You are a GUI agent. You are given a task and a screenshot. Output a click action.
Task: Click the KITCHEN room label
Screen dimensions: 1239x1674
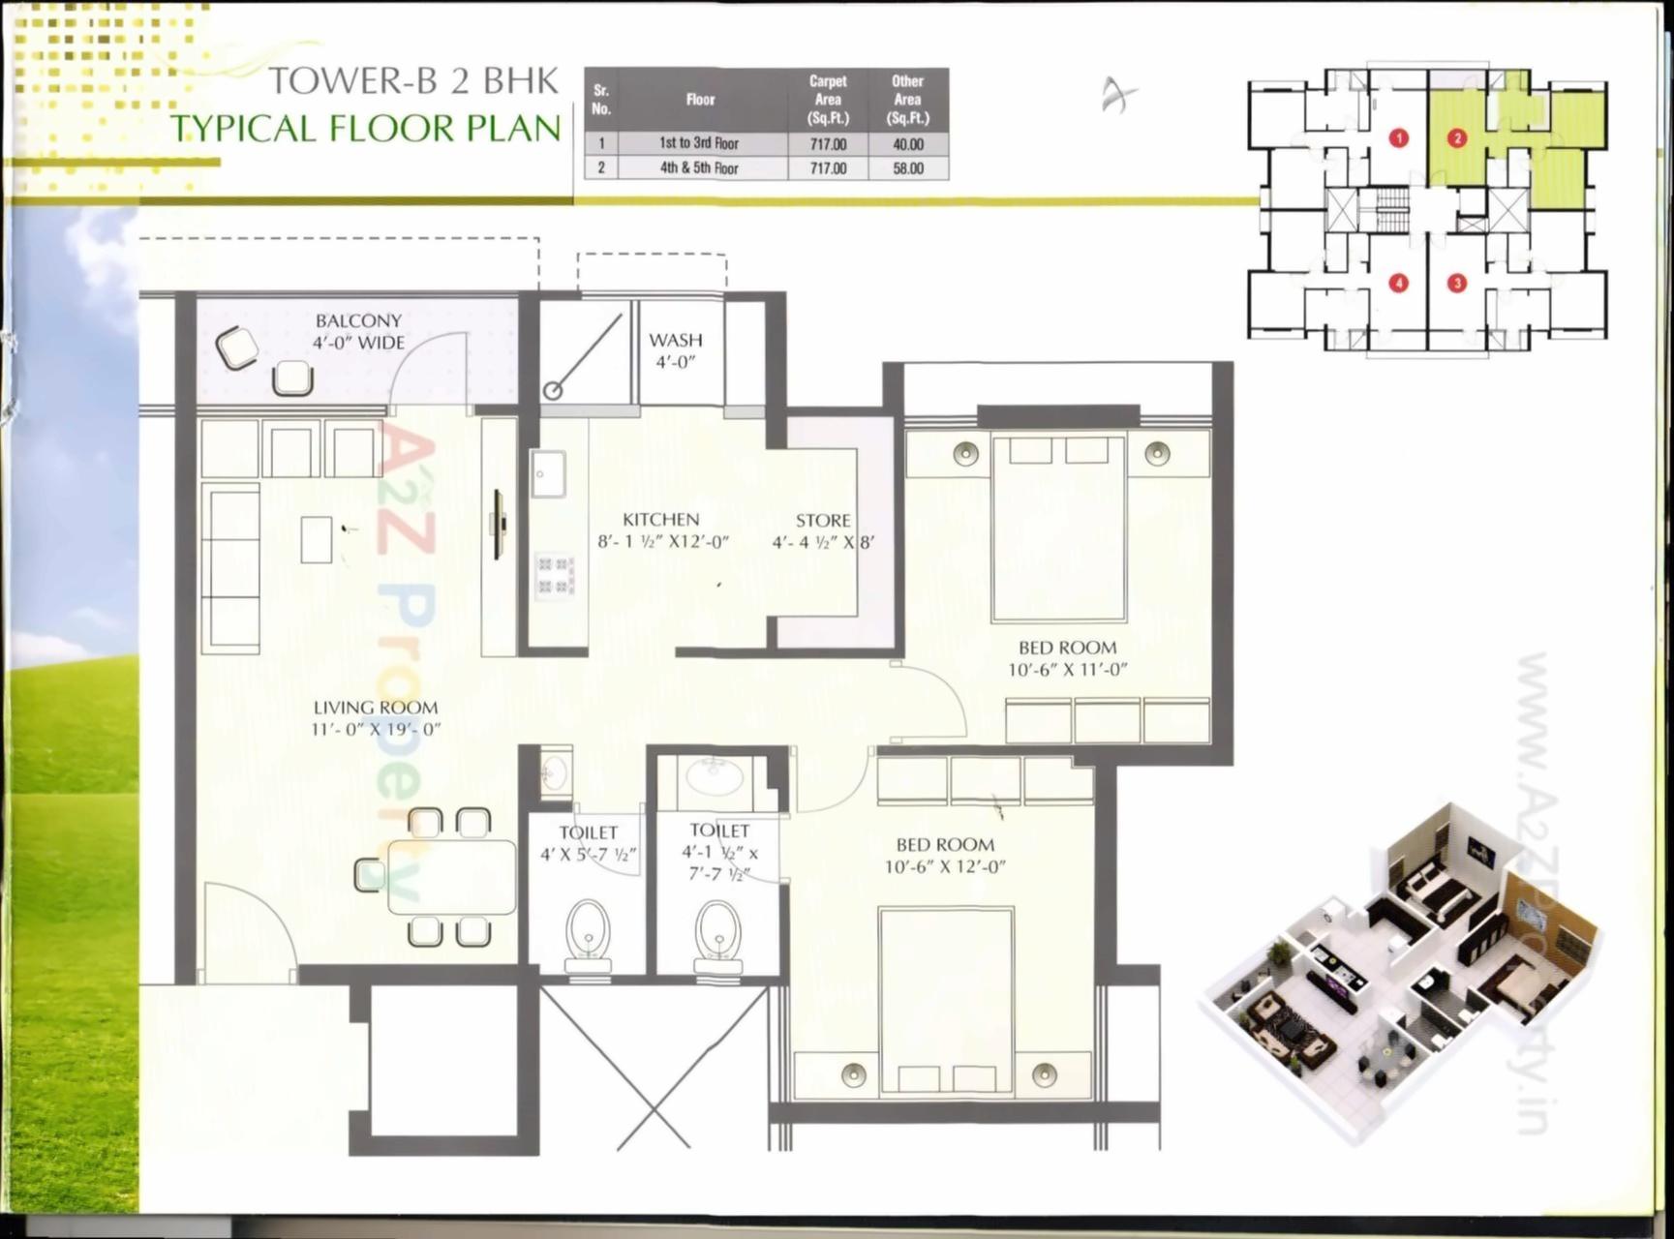tap(660, 520)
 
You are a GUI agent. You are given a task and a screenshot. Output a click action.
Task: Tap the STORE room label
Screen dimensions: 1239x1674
tap(823, 521)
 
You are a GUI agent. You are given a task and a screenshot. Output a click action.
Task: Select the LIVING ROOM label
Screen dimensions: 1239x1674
tap(375, 708)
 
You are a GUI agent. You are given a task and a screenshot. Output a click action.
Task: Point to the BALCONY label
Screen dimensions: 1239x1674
tap(358, 320)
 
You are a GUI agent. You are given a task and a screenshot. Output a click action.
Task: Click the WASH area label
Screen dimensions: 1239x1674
tap(676, 340)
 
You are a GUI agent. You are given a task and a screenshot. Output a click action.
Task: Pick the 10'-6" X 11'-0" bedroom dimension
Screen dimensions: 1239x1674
tap(1067, 670)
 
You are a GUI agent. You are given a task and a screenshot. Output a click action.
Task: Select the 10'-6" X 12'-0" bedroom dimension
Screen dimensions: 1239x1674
tap(945, 866)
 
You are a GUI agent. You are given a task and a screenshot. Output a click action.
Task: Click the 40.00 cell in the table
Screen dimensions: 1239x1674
tap(907, 144)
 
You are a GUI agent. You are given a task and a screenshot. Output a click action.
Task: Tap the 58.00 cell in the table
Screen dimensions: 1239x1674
tap(907, 168)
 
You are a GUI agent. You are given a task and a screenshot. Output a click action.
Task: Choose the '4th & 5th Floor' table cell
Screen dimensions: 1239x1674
tap(699, 168)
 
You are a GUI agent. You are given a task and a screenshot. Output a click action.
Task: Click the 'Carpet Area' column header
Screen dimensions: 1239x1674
tap(828, 100)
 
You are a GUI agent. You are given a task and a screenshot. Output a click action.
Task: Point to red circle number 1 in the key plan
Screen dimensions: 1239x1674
tap(1398, 138)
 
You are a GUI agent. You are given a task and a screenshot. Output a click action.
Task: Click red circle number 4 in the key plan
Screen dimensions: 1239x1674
tap(1398, 284)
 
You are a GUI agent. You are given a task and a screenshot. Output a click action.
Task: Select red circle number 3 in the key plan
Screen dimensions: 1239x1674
tap(1456, 284)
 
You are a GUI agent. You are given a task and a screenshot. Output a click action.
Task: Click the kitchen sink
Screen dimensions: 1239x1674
tap(548, 474)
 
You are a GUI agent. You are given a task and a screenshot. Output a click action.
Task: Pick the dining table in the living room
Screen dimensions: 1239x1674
tap(451, 877)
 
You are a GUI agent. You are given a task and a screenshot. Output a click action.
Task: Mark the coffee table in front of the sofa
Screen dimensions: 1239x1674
tap(317, 539)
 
